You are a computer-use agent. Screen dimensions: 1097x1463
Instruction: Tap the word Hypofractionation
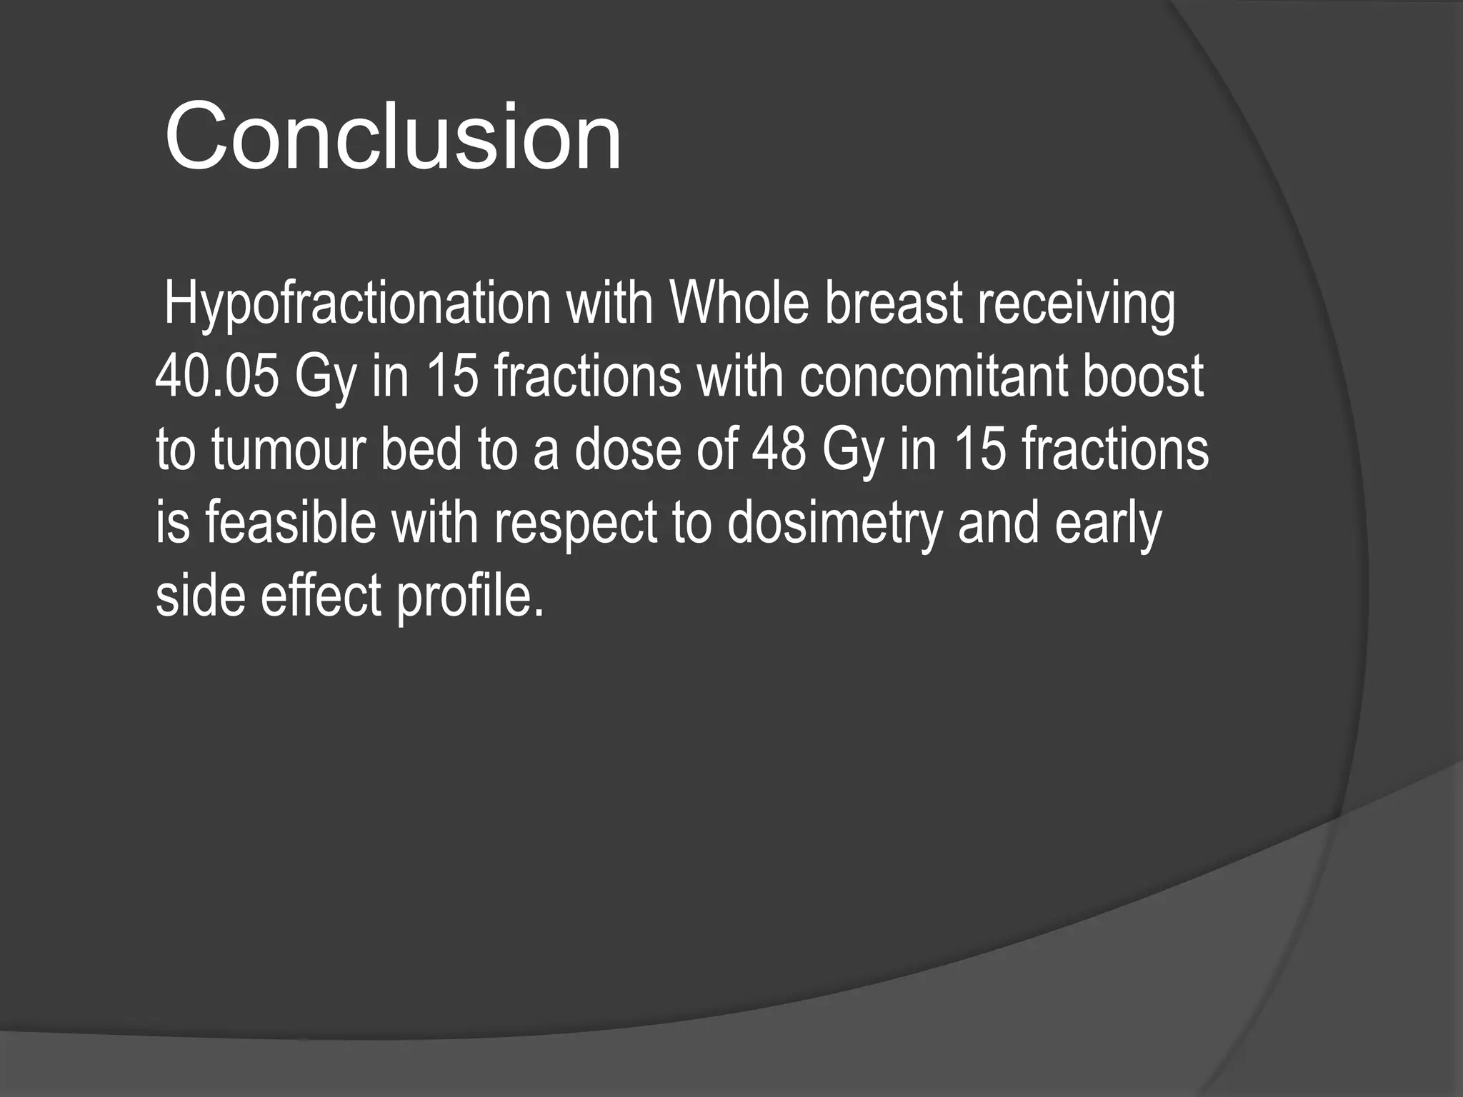pyautogui.click(x=357, y=304)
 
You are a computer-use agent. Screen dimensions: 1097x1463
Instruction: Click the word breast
pyautogui.click(x=893, y=304)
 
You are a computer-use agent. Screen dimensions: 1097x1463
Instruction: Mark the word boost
pyautogui.click(x=1142, y=376)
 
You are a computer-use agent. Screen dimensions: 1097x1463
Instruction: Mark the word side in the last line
pyautogui.click(x=199, y=596)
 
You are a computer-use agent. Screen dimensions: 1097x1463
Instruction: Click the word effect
pyautogui.click(x=321, y=596)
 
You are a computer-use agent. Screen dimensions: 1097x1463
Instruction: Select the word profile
pyautogui.click(x=469, y=596)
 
